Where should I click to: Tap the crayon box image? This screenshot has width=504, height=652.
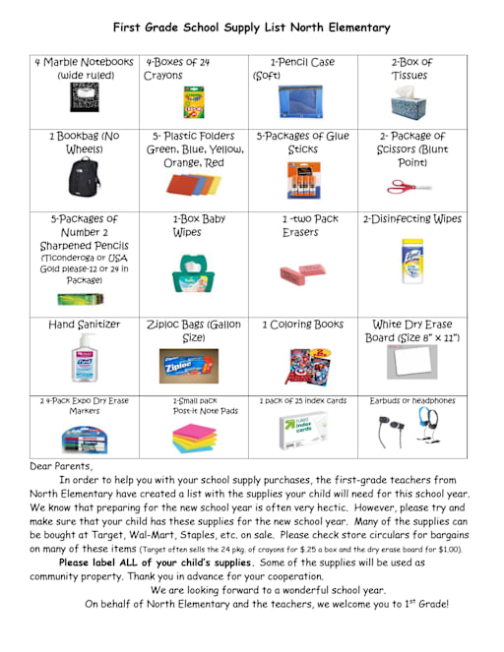pos(193,101)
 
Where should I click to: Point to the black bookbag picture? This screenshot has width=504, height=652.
pos(84,177)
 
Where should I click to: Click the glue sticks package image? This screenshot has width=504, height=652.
pos(302,180)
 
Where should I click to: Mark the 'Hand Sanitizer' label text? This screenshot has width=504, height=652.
pos(85,324)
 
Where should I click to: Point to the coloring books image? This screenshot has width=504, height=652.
pos(302,367)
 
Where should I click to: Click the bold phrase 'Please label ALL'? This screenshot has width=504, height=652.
pos(105,562)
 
